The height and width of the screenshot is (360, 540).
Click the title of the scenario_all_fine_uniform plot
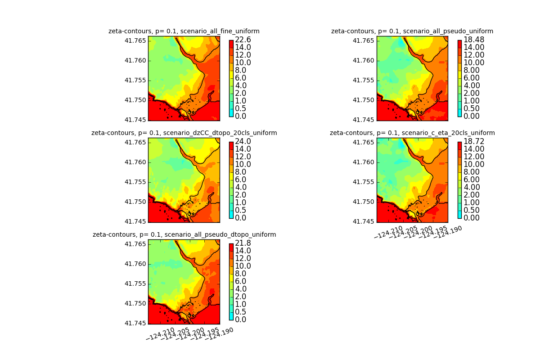coord(184,31)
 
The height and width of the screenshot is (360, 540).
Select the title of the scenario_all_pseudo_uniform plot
coord(412,31)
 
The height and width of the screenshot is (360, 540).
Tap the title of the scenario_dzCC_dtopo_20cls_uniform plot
coord(184,133)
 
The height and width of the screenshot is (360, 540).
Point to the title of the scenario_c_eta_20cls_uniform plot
coord(412,133)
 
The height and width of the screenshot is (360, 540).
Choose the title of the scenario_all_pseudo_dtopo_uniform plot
coord(184,234)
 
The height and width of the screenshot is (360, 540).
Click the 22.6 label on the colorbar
coord(243,40)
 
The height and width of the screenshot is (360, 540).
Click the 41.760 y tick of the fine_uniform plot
coord(136,60)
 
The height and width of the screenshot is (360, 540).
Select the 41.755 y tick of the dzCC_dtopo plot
coord(136,182)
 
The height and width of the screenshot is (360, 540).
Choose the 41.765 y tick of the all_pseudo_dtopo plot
coord(136,244)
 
